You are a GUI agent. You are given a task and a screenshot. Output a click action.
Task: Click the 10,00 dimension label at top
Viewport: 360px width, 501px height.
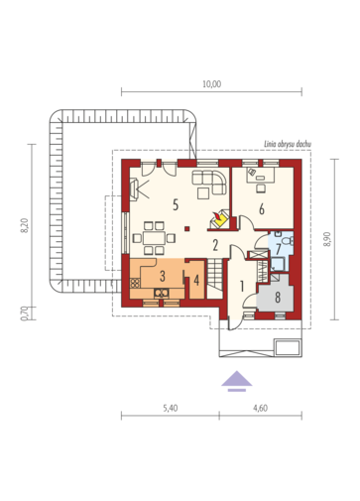coord(212,84)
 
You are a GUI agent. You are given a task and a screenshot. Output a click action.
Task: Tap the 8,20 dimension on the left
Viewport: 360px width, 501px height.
coord(25,226)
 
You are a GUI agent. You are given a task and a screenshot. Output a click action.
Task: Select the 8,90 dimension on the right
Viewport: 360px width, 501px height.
coord(327,239)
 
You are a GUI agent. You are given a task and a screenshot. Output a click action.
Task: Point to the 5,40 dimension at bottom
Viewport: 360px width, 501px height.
coord(171,408)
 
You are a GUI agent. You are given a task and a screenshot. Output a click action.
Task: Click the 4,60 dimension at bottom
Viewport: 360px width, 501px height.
coord(260,408)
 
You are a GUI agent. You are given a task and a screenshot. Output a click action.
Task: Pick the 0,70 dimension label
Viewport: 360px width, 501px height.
coord(25,313)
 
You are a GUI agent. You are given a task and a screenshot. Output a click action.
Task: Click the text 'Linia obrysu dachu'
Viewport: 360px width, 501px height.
coord(288,144)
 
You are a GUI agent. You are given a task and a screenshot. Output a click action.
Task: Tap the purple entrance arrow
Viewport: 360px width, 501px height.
coord(237,381)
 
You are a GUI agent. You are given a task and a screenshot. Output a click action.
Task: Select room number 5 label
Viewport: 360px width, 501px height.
coord(176,205)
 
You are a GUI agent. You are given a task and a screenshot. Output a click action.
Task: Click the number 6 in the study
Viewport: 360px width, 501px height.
coord(262,209)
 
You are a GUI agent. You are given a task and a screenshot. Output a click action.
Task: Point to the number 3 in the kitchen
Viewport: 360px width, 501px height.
coord(163,276)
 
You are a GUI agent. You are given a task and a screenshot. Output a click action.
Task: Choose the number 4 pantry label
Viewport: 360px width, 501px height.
coord(196,281)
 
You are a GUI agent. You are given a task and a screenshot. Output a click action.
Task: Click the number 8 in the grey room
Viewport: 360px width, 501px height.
coord(278,297)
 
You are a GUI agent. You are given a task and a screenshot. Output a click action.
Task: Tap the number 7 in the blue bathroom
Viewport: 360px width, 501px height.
coord(278,249)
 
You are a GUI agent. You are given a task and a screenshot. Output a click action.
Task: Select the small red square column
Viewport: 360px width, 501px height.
coord(187,228)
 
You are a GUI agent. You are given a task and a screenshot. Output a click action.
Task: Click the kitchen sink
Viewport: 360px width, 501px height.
coord(162,293)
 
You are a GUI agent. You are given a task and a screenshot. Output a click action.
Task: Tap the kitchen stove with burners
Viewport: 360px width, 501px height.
coord(135,283)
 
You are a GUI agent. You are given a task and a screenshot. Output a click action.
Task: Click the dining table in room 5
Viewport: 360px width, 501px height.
coord(154,238)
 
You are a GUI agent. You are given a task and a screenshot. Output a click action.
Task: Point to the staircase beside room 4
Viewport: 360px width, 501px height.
coord(214,279)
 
